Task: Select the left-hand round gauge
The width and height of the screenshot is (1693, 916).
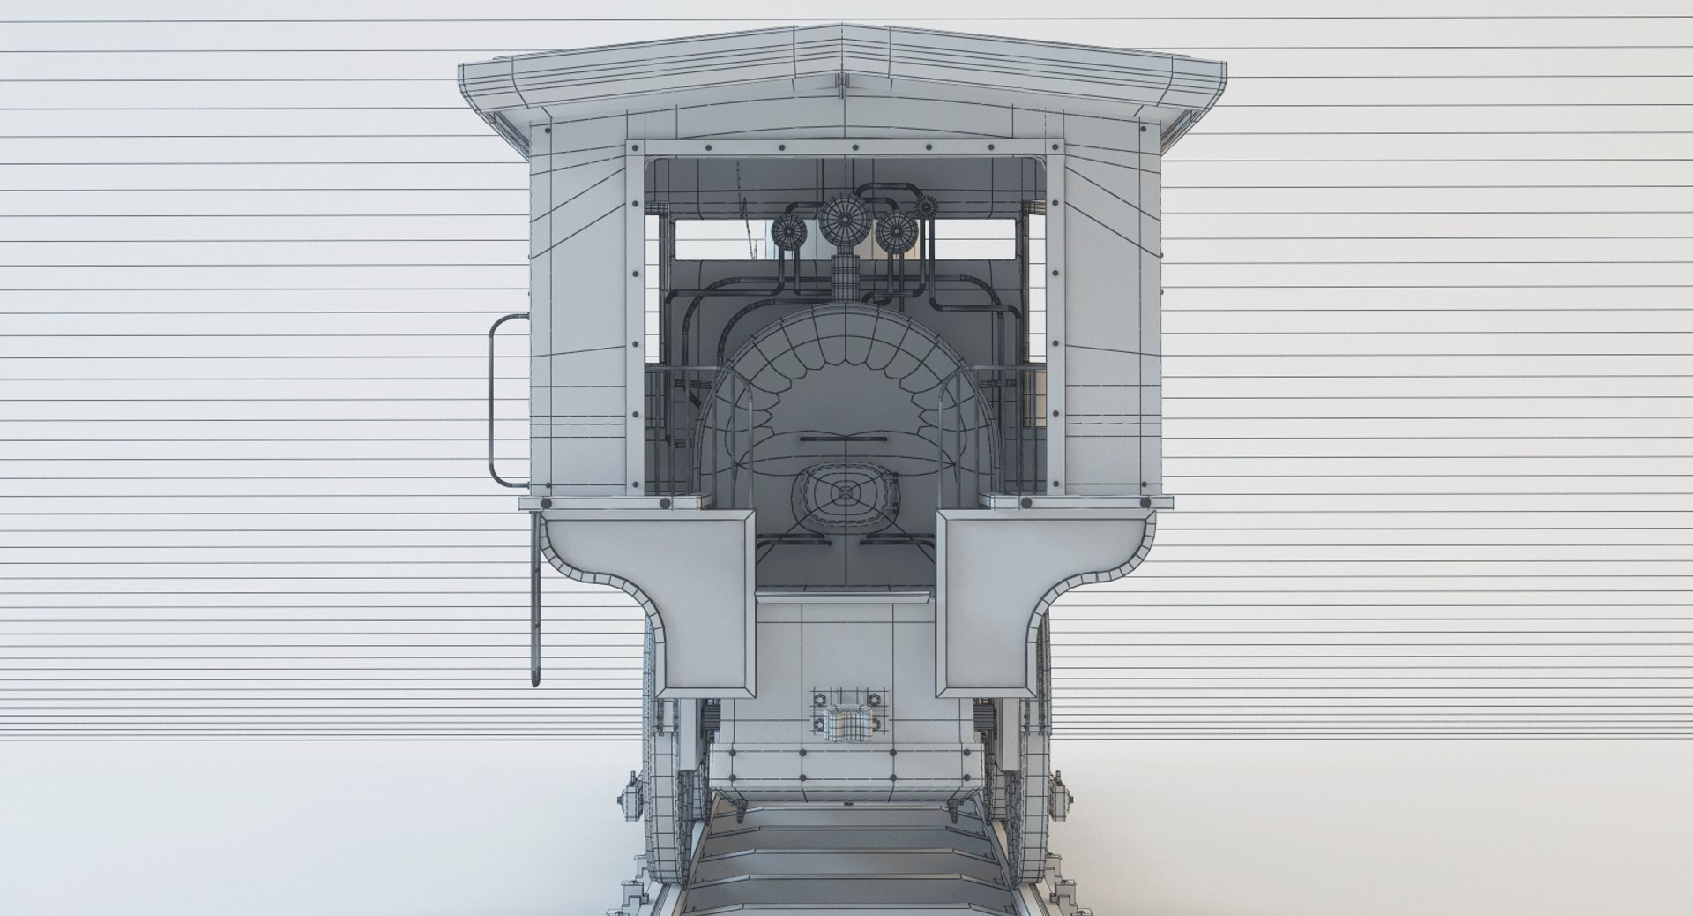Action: tap(788, 231)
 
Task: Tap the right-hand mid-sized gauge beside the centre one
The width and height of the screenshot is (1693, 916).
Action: tap(895, 231)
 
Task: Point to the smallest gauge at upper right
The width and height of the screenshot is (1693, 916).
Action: tap(925, 207)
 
